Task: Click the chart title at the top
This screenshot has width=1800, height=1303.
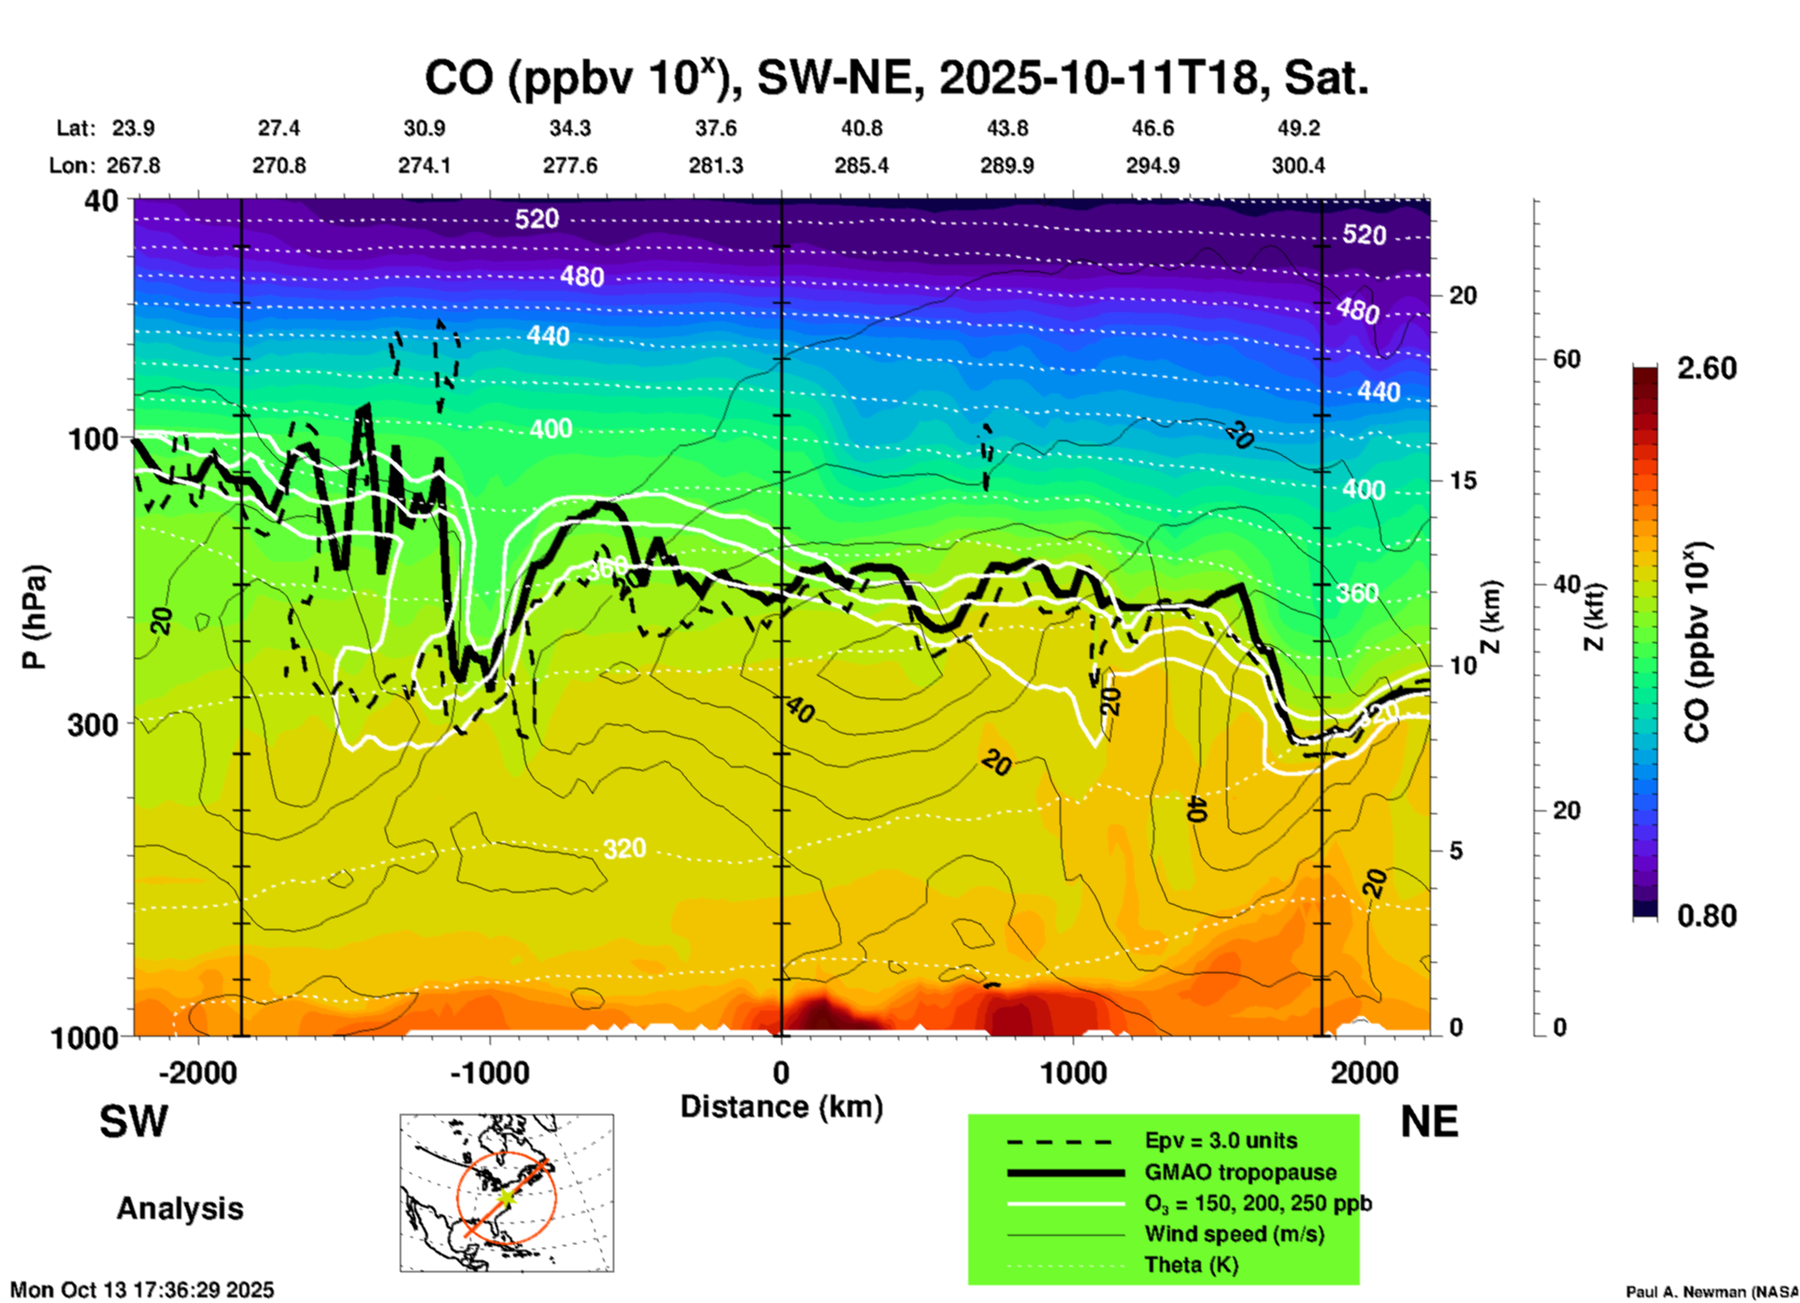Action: (x=896, y=78)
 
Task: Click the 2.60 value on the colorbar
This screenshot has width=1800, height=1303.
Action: (x=1707, y=368)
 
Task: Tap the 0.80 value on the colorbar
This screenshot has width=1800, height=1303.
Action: (x=1707, y=915)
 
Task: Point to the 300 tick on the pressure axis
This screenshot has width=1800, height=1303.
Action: (x=93, y=724)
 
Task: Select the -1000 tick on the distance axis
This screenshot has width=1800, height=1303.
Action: (x=490, y=1072)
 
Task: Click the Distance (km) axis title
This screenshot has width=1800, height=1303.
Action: (x=781, y=1107)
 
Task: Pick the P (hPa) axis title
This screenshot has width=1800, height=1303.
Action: (x=35, y=617)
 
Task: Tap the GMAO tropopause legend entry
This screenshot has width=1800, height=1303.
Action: (x=1240, y=1172)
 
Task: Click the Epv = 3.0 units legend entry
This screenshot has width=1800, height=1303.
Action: (x=1221, y=1140)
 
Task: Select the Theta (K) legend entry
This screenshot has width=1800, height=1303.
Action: (x=1192, y=1265)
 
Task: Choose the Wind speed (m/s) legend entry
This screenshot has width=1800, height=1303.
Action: (x=1235, y=1234)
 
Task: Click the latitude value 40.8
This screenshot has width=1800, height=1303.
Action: (x=862, y=128)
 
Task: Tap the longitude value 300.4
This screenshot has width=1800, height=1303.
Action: (x=1298, y=165)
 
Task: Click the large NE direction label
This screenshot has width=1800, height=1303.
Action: (x=1429, y=1122)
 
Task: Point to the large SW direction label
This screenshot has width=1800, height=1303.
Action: (x=134, y=1122)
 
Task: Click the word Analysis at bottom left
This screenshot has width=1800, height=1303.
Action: (x=179, y=1209)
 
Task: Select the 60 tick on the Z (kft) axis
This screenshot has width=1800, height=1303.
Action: (x=1566, y=359)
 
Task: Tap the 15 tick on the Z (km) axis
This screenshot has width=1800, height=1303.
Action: (x=1463, y=480)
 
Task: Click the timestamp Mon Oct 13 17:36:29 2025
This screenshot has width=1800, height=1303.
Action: (x=142, y=1290)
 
